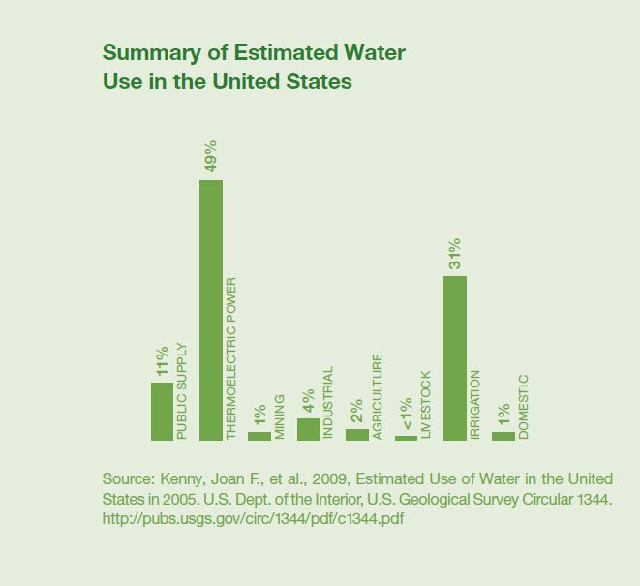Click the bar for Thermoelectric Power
pos(211,310)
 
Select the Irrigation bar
pos(455,357)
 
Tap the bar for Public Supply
pos(162,411)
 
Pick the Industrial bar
pos(308,429)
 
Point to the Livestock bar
pos(406,438)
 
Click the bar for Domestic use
pos(503,436)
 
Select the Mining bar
pos(259,436)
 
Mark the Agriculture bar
pos(357,434)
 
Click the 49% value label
pos(211,157)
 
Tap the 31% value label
pos(455,254)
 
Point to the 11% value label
pos(162,359)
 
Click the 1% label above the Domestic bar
pos(503,414)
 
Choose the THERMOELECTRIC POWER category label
pos(231,359)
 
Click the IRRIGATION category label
pos(475,405)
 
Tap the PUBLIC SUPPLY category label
pos(182,391)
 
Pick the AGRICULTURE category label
pos(378,396)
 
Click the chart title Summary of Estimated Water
pos(254,52)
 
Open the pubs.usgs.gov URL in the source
pos(253,518)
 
